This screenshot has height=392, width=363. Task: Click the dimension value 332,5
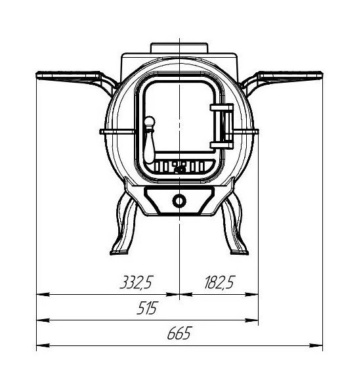[137, 282]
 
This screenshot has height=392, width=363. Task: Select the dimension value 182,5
[220, 282]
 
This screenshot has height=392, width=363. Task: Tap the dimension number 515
[148, 308]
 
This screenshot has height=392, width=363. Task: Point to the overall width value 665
[179, 333]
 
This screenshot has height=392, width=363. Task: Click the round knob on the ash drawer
[179, 201]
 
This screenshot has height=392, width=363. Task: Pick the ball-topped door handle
[150, 139]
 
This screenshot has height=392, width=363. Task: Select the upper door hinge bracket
[221, 108]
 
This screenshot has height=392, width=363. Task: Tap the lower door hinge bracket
[221, 145]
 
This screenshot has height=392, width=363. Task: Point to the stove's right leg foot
[240, 252]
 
